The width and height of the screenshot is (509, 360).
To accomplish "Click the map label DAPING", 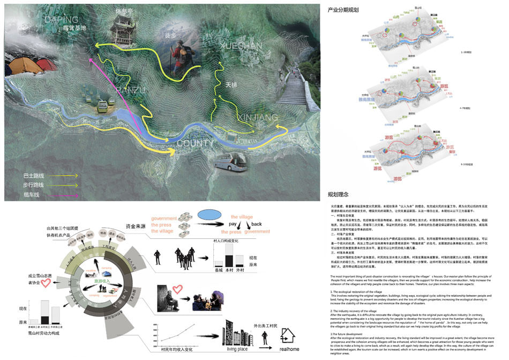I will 62,20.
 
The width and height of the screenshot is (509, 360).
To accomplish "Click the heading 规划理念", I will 338,194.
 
